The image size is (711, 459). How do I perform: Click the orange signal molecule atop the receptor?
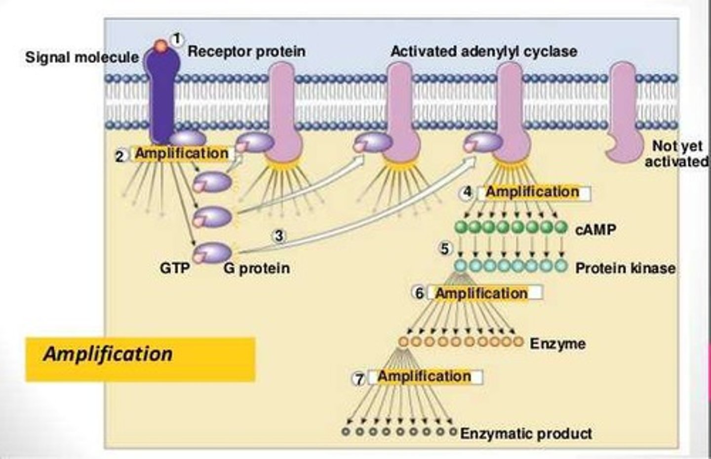[160, 46]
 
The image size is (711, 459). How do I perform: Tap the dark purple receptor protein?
[162, 99]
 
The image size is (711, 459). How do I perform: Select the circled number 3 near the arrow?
[279, 236]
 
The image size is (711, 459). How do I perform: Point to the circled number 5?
[445, 249]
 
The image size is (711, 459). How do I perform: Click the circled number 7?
[359, 379]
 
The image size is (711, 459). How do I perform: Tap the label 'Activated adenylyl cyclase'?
[483, 51]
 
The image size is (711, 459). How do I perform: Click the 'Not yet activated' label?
[676, 153]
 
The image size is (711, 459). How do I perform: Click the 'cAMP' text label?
[595, 229]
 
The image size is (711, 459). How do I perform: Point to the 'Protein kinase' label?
[625, 268]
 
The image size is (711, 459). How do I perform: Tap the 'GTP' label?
[174, 268]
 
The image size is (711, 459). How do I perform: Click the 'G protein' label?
[256, 268]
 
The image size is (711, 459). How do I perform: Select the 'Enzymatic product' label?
[526, 433]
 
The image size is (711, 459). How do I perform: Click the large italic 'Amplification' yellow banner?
[140, 359]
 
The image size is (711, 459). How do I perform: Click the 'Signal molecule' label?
[82, 57]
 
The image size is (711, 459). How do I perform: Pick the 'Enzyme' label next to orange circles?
[557, 343]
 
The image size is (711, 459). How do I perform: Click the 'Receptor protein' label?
[246, 51]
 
